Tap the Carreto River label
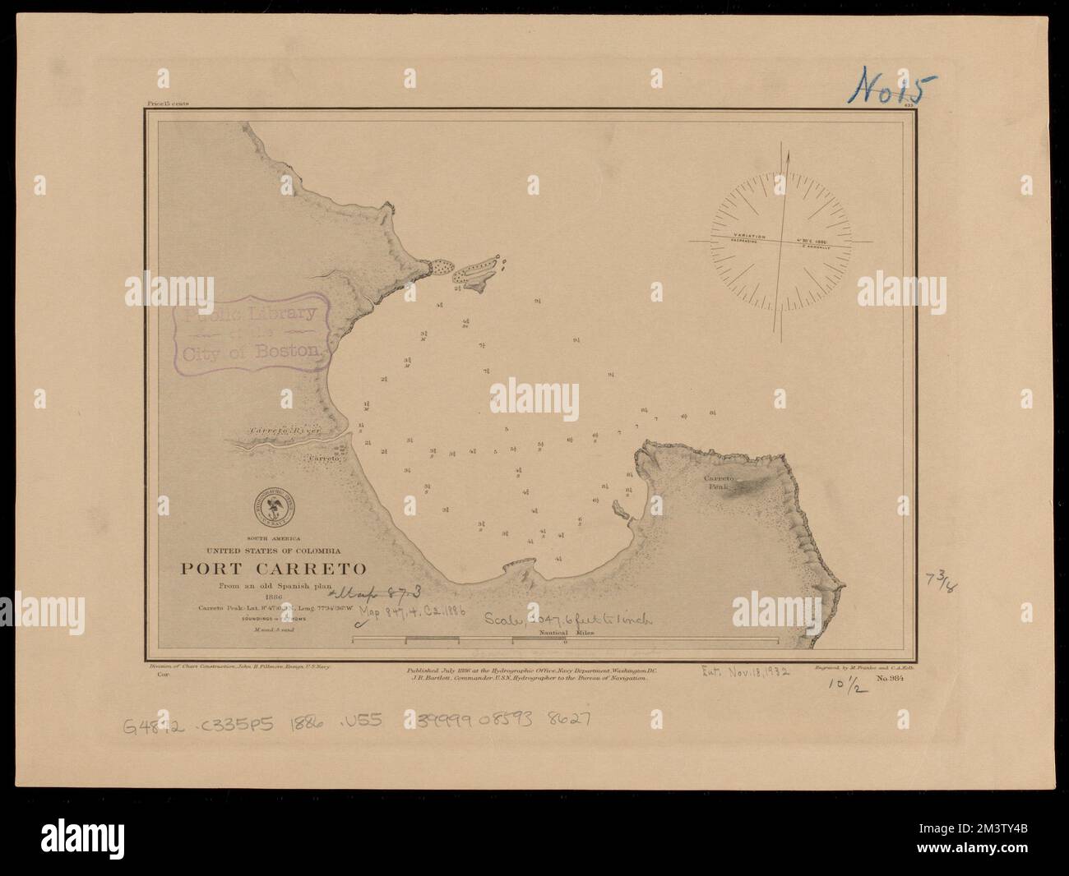coord(284,431)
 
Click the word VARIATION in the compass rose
coord(748,237)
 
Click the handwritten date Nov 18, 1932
coord(745,671)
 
